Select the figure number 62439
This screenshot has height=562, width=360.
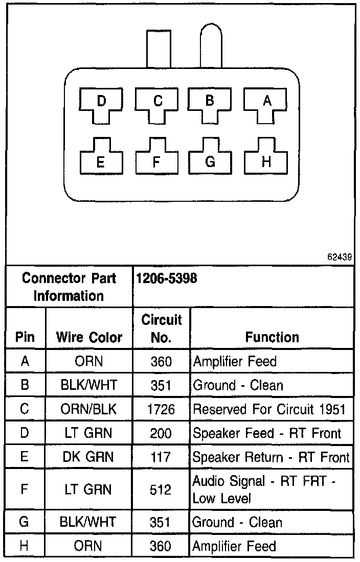point(340,257)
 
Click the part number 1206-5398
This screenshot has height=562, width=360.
point(166,278)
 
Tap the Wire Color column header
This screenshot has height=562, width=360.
point(89,337)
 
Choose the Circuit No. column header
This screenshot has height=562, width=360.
point(161,329)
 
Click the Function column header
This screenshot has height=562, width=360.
point(272,337)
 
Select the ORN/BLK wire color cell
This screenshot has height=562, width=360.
point(89,409)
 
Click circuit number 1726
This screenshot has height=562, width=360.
point(161,409)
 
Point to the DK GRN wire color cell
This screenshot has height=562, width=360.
point(89,457)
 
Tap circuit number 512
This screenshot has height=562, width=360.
point(161,489)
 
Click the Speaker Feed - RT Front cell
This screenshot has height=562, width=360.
point(266,433)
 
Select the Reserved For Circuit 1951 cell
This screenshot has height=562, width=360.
point(269,409)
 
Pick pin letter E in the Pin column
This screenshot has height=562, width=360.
point(25,457)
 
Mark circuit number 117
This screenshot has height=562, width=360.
point(161,457)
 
